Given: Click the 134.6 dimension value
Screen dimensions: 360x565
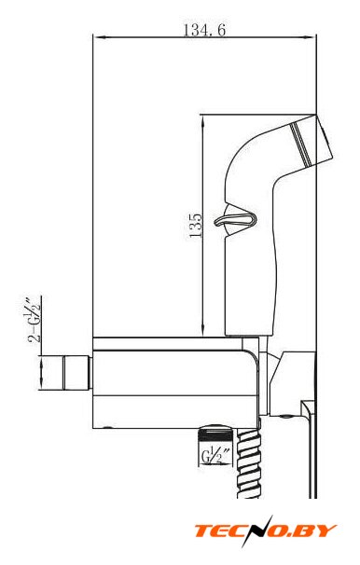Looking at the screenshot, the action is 204,30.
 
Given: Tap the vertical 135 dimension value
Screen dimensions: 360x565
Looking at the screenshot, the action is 196,226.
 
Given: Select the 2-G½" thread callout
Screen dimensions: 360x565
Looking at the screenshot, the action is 35,320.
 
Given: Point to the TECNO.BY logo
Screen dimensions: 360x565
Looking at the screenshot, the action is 266,531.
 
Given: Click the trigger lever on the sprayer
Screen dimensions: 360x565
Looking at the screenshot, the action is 236,219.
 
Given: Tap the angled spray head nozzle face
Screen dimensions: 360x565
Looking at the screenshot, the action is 325,138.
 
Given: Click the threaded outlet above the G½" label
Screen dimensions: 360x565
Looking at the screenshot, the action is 216,434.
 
